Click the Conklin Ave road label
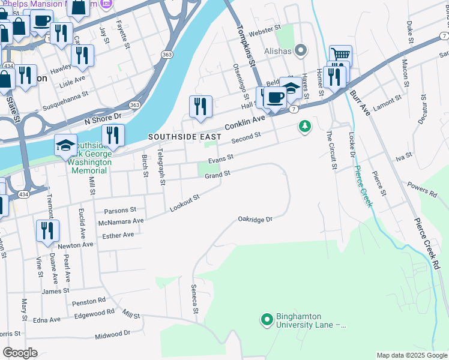pos(245,123)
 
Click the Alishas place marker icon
pos(301,50)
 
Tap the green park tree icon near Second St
pos(306,127)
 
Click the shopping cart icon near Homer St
pos(340,55)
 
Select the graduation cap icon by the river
pos(65,145)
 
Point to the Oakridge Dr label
pos(255,219)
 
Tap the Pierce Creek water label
pos(363,186)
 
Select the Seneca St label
pos(194,298)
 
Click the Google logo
pos(20,352)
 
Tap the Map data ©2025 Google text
pos(411,355)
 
